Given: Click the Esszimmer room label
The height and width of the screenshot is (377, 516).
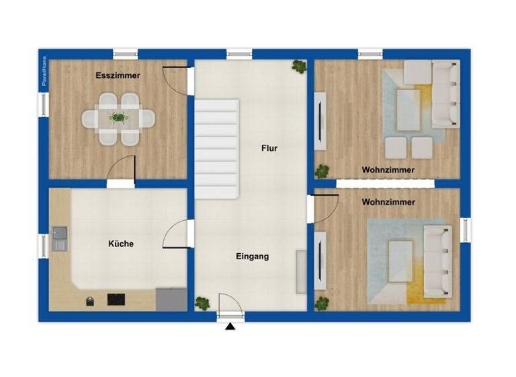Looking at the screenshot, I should (x=118, y=75).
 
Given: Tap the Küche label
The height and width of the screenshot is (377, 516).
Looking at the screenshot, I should (x=121, y=244).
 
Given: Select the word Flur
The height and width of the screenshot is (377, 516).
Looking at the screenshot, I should (x=269, y=149).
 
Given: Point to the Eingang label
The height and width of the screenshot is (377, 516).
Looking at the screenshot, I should (x=253, y=256).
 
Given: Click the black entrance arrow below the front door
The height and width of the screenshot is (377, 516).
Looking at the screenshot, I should (x=230, y=327).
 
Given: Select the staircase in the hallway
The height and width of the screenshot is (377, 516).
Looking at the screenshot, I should (x=217, y=149).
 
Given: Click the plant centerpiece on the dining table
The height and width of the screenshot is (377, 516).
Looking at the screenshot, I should (x=119, y=118).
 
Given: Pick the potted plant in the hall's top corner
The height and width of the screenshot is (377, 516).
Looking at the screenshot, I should (x=299, y=67).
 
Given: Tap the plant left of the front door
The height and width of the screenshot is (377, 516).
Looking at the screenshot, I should (x=202, y=304).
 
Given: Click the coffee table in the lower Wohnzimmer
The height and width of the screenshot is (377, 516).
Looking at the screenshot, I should (x=400, y=261).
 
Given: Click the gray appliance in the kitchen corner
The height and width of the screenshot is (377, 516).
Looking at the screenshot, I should (x=171, y=299).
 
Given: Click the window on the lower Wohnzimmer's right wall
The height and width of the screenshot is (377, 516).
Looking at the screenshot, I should (x=465, y=229).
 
